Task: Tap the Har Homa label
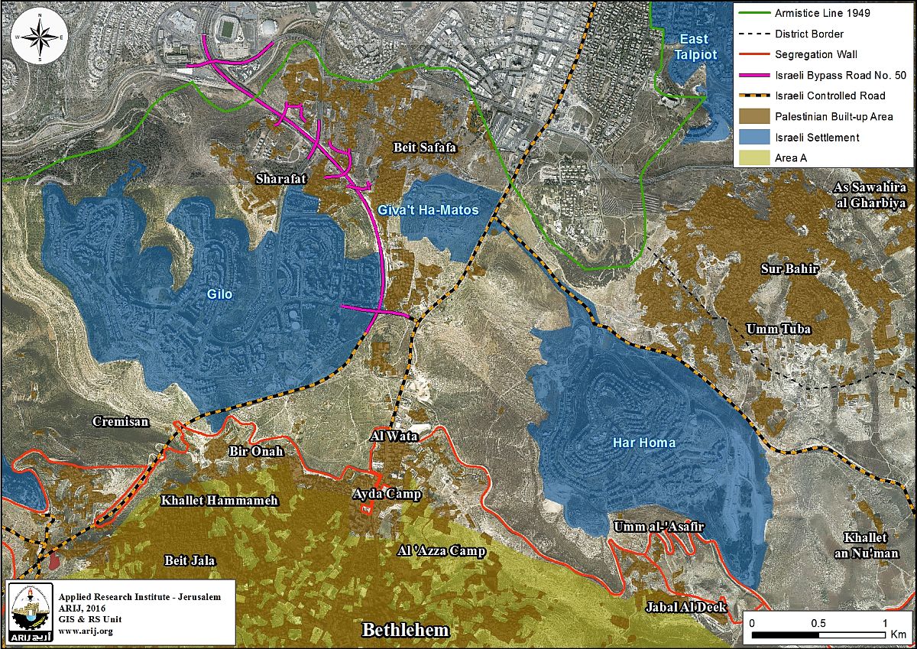point(633,443)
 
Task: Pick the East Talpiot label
point(691,47)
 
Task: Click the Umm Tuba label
point(778,329)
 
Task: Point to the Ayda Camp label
point(387,494)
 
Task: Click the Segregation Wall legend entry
point(815,54)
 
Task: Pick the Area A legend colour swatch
point(752,157)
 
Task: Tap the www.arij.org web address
point(85,631)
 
